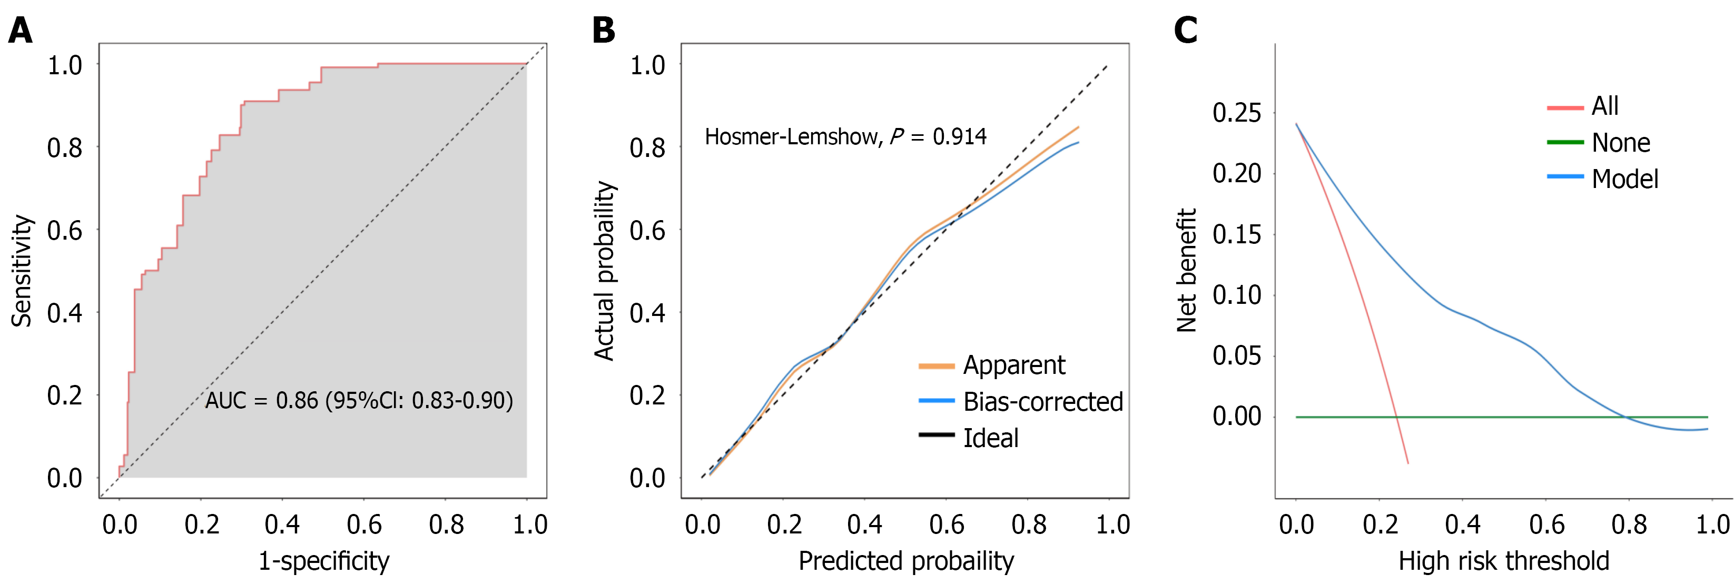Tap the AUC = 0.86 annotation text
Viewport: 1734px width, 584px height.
coord(359,401)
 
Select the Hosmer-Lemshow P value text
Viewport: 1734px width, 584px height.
coord(845,137)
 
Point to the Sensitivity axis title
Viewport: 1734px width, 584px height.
coord(22,271)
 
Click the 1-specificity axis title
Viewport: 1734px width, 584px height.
coord(324,560)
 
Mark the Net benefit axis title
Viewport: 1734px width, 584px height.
coord(1186,271)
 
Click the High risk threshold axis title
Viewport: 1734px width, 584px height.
coord(1503,560)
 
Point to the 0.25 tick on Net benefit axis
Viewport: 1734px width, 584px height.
coord(1237,112)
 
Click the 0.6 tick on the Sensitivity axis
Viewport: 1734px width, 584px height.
coord(65,230)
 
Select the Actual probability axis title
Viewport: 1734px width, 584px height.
coord(605,271)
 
